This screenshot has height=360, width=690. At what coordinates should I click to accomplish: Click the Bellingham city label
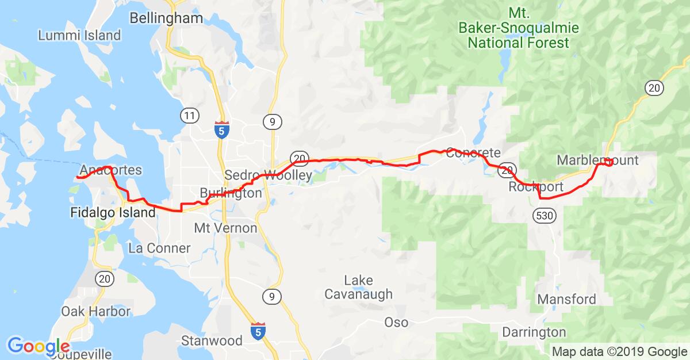166,18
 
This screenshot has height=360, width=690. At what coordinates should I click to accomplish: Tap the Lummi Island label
79,35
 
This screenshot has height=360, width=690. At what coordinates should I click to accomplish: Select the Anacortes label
111,170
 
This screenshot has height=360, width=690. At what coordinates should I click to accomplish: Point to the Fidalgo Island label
112,213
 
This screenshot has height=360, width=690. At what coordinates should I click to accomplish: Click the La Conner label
159,248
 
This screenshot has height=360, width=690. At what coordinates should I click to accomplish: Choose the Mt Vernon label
225,228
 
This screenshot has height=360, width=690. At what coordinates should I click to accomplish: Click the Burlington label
231,193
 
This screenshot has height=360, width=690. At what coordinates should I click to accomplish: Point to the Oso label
396,322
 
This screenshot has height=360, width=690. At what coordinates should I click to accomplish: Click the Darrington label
534,332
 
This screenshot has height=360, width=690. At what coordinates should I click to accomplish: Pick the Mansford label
566,300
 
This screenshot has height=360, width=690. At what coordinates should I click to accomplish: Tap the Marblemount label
597,160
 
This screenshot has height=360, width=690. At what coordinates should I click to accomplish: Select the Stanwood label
212,340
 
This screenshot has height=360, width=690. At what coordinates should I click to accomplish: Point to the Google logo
38,346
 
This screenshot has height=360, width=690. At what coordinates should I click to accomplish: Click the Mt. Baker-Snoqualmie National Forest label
519,28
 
